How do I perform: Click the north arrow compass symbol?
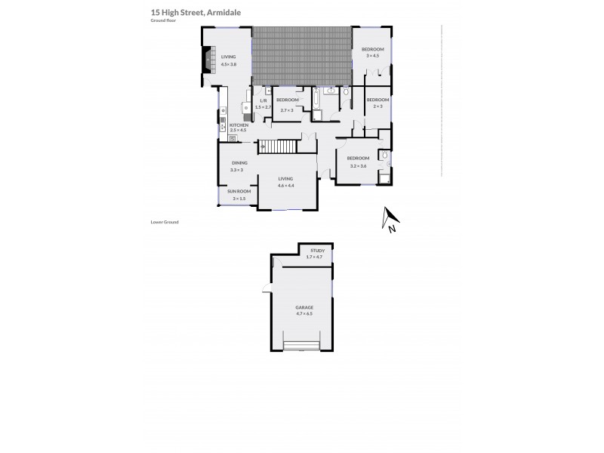390,220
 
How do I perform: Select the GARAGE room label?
304,308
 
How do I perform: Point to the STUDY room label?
315,251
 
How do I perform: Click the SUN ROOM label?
239,192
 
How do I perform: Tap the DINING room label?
239,164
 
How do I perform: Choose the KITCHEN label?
239,125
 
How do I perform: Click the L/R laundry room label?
263,100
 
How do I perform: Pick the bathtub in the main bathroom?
316,100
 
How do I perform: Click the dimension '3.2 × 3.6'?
357,165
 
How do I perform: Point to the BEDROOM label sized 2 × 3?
377,100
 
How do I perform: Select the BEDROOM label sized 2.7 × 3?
286,100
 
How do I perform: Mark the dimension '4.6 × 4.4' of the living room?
285,185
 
